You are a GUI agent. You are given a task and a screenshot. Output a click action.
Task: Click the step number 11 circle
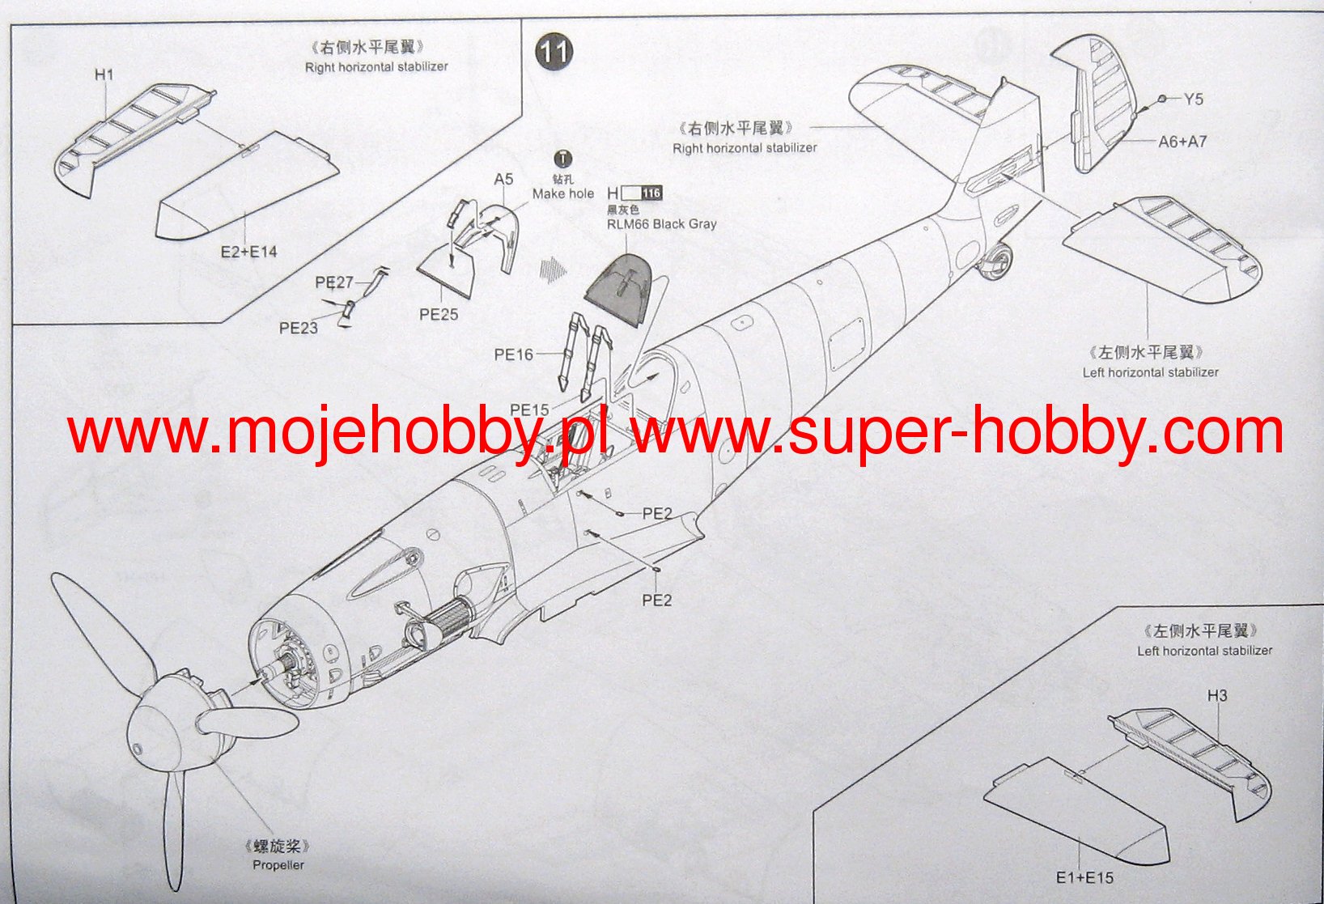click(554, 53)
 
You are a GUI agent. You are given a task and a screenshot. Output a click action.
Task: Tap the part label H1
click(104, 75)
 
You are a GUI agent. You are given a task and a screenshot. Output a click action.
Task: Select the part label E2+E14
click(248, 252)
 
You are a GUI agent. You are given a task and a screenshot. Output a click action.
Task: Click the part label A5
click(503, 179)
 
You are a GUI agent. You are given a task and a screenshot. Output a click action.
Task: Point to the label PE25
click(439, 314)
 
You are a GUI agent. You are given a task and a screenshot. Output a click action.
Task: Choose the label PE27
click(334, 282)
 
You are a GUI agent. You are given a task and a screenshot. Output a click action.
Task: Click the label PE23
click(298, 328)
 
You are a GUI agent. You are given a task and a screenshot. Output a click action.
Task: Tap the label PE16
click(514, 354)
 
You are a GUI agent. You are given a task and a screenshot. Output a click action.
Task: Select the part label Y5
click(1193, 100)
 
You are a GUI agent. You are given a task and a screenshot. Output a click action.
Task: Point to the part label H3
click(1216, 695)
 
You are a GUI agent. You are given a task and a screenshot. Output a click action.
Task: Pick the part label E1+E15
click(1084, 878)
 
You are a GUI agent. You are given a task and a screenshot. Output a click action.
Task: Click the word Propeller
click(278, 865)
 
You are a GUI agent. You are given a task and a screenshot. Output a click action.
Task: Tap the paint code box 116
click(651, 193)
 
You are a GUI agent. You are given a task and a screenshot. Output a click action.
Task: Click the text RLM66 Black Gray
click(661, 224)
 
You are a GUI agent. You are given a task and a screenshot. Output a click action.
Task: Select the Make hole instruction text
click(562, 193)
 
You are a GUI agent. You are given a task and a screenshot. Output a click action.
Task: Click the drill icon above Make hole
click(562, 159)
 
